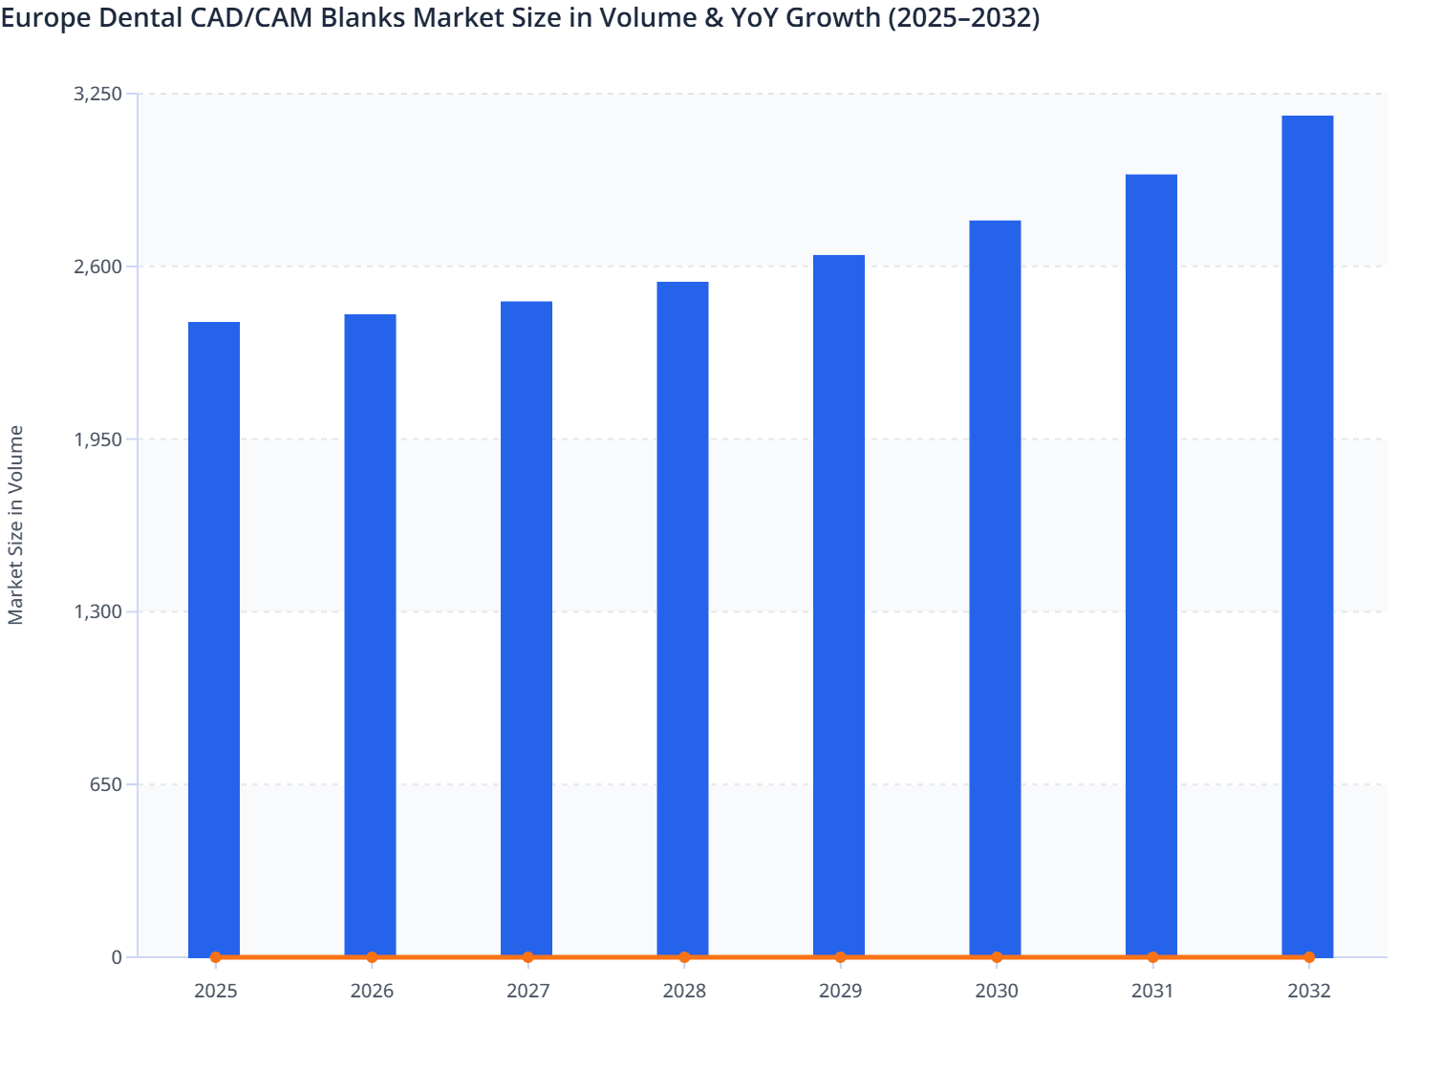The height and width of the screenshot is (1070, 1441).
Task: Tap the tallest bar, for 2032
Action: [x=1307, y=535]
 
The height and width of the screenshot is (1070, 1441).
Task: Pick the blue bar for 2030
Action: [x=995, y=588]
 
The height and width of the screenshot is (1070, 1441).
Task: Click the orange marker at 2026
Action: [x=372, y=956]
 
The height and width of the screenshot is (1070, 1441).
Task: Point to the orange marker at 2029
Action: [x=840, y=956]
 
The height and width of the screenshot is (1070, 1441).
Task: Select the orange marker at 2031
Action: [x=1152, y=956]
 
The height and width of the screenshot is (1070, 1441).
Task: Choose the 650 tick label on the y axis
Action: [x=106, y=784]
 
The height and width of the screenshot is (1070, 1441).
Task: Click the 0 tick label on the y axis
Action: [x=117, y=957]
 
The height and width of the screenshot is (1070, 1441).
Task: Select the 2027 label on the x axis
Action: [x=527, y=991]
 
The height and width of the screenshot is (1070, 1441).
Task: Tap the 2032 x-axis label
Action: [x=1308, y=991]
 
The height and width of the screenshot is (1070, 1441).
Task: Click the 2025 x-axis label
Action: [x=215, y=991]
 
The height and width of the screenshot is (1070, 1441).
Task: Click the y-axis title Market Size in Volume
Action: [x=16, y=525]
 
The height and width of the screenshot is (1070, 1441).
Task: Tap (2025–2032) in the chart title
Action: [x=963, y=18]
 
